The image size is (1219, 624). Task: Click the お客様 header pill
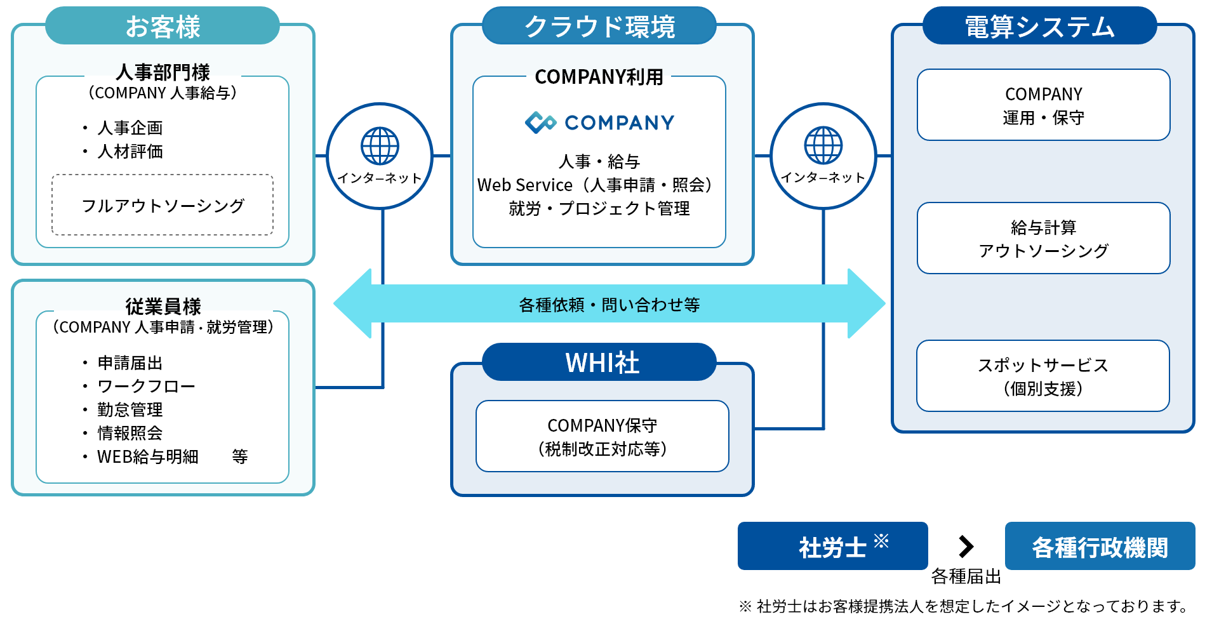point(163,26)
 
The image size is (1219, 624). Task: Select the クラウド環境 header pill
point(599,26)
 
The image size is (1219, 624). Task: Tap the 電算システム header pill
point(1039,26)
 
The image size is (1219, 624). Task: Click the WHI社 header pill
point(599,362)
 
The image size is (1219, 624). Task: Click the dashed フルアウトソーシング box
point(163,205)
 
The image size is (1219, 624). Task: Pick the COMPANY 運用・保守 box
point(1043,105)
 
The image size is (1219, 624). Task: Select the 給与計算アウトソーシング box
point(1043,239)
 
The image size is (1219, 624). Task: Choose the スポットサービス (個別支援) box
point(1043,376)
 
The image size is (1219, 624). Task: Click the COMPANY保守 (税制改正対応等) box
point(602,437)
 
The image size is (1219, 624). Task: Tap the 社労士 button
point(832,547)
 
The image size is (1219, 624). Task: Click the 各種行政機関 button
point(1100,547)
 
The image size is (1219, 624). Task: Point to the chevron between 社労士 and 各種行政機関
point(966,546)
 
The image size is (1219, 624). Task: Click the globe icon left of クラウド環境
point(380,146)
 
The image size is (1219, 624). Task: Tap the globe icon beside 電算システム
point(823,145)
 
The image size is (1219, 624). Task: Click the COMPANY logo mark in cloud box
point(540,122)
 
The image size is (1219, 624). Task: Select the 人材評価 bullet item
point(130,152)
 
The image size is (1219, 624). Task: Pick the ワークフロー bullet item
point(146,386)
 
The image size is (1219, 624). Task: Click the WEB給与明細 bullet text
point(147,456)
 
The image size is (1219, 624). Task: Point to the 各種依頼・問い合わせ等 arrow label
point(609,305)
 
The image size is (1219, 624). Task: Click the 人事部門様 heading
point(163,72)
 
